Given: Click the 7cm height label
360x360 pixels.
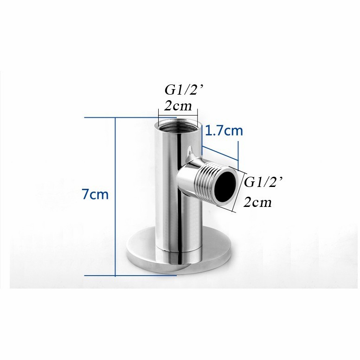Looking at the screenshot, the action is (95, 194).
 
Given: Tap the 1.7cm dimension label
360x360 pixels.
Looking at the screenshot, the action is (224, 131).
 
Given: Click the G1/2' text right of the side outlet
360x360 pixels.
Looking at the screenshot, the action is (263, 182).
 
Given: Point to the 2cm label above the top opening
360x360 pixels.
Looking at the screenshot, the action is (178, 106).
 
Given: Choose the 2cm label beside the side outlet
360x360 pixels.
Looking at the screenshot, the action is (257, 202).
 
